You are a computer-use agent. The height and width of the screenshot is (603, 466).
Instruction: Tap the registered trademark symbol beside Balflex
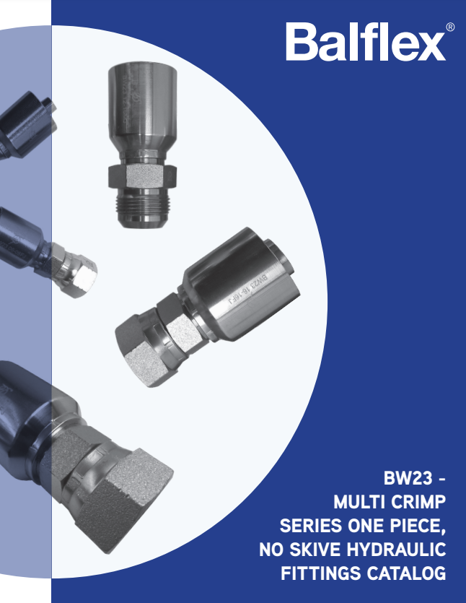click(x=450, y=27)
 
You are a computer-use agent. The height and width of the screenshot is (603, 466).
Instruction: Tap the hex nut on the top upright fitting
click(x=143, y=176)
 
